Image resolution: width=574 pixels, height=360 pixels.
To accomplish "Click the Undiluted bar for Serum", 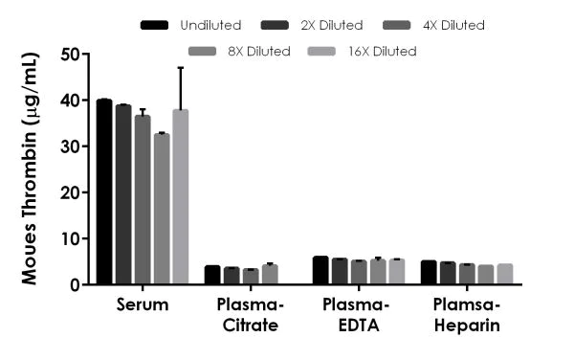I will pyautogui.click(x=104, y=191).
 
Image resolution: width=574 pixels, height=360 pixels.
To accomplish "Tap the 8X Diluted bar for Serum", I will pyautogui.click(x=161, y=209).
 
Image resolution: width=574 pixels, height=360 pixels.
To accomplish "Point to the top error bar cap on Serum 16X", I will pyautogui.click(x=180, y=68).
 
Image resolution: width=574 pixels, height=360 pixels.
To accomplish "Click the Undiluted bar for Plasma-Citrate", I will pyautogui.click(x=212, y=275).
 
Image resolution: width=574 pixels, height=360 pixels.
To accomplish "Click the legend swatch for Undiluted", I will pyautogui.click(x=155, y=25).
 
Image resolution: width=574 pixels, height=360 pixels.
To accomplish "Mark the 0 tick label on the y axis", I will pyautogui.click(x=73, y=284).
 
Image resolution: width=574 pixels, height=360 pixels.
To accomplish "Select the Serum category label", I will pyautogui.click(x=143, y=305).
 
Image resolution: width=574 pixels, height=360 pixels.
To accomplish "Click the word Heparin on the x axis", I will pyautogui.click(x=467, y=326).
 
